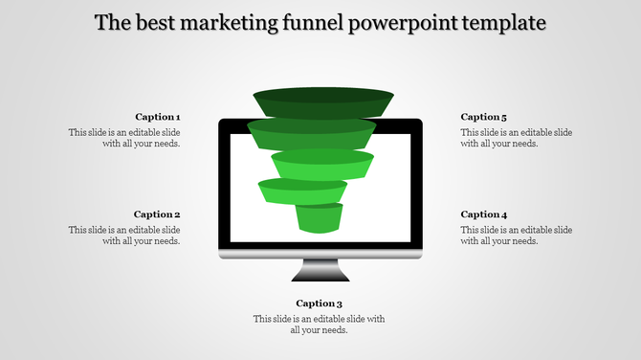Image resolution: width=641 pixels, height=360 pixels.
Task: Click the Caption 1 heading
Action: click(157, 117)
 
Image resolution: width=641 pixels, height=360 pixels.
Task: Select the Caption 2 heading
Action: click(157, 214)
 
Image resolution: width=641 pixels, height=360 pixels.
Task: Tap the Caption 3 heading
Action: click(319, 304)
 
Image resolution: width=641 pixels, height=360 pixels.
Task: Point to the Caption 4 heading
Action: click(484, 214)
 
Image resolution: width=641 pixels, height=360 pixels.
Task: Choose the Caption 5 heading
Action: click(484, 117)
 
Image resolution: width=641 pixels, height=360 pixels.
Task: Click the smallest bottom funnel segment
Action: click(320, 218)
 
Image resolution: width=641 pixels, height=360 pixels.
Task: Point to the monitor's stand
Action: click(320, 272)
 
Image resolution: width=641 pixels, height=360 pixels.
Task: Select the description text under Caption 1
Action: click(124, 138)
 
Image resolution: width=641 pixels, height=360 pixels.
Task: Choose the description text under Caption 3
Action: click(319, 325)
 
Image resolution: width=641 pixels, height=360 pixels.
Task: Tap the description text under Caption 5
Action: click(517, 138)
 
